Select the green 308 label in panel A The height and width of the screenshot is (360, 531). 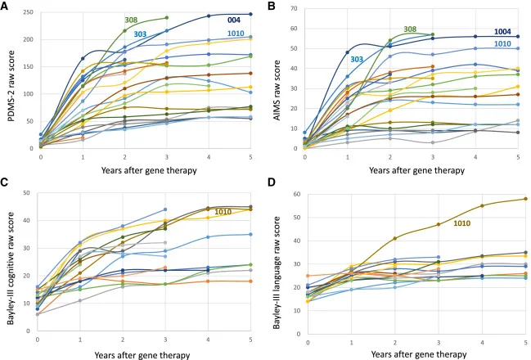[x=131, y=20]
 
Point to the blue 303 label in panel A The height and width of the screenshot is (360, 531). [x=140, y=34]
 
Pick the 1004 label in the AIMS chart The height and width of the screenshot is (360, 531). [x=503, y=32]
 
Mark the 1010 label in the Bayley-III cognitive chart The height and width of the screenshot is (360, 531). [x=224, y=212]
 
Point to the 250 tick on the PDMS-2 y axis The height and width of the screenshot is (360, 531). [x=27, y=13]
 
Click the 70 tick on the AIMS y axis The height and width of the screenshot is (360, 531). [x=294, y=10]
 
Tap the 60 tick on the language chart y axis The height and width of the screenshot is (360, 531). [x=294, y=195]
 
